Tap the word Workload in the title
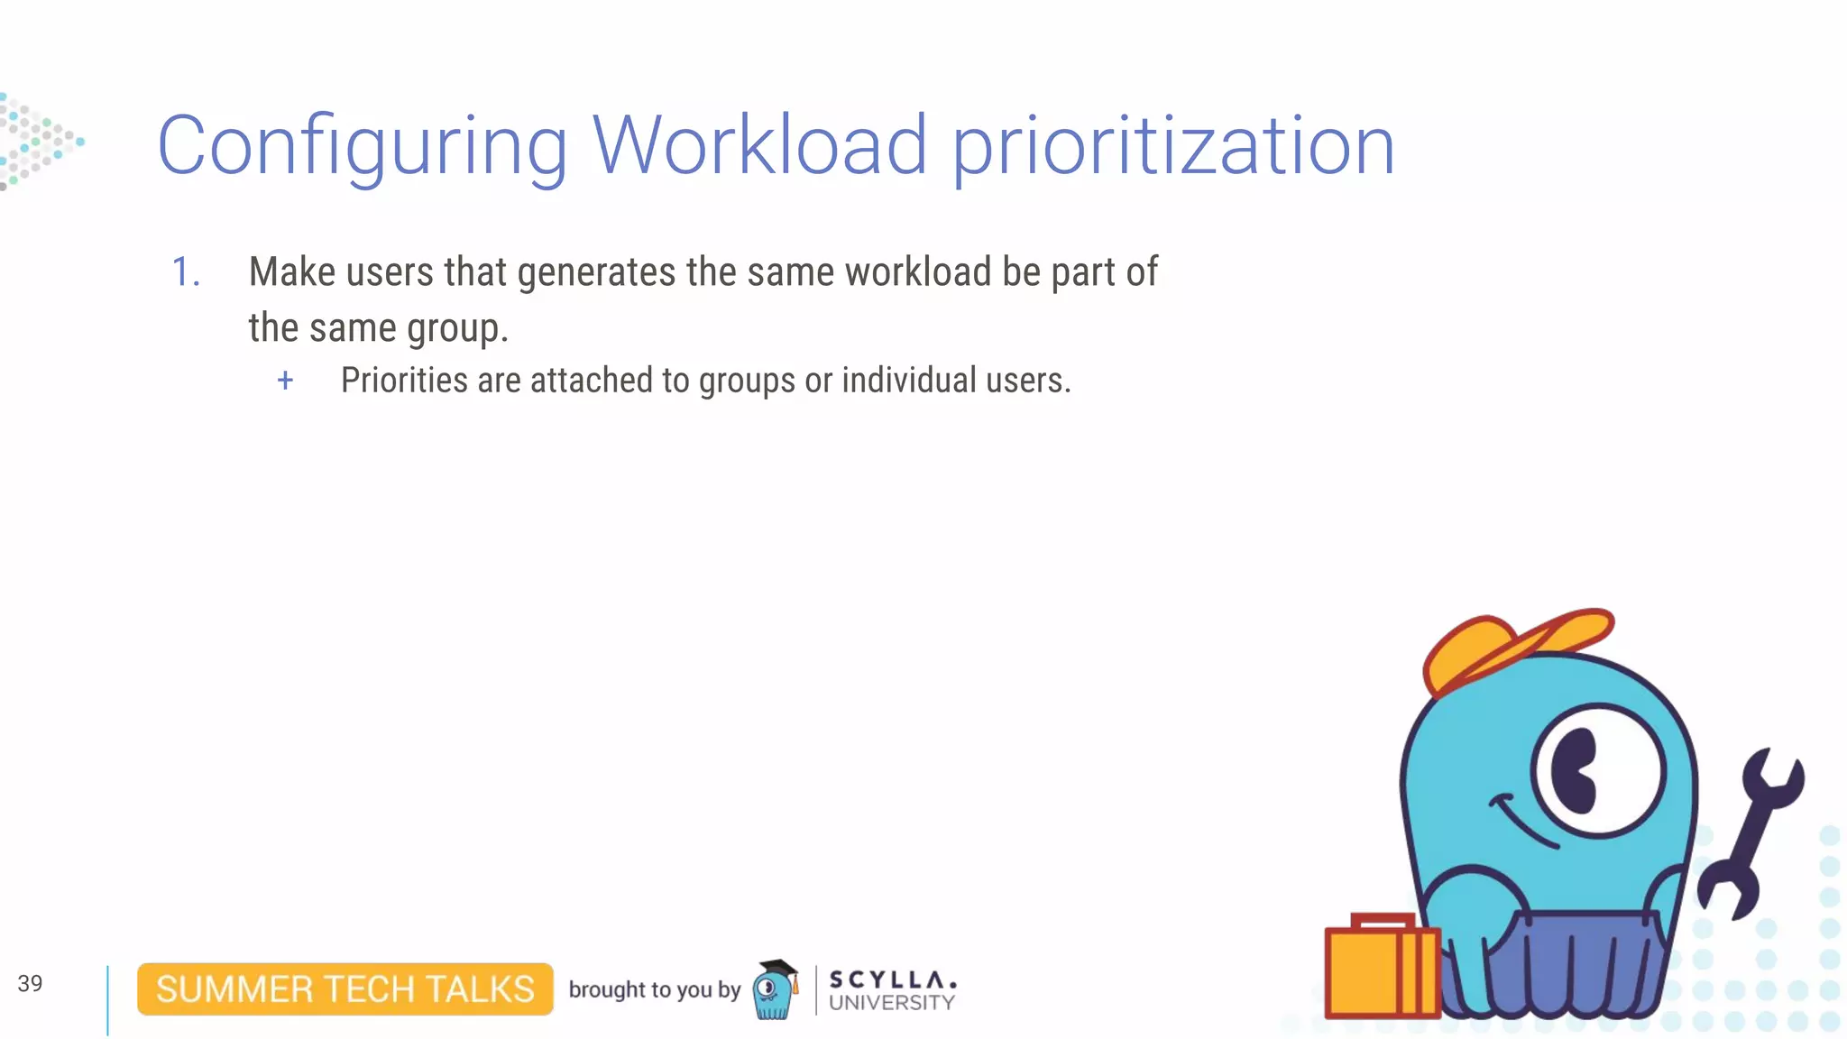759,145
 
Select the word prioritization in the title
1173,147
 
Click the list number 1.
185,272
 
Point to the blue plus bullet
285,381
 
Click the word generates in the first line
596,272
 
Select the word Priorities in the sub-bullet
404,381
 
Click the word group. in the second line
457,328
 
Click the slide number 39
30,983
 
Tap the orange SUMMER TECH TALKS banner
345,989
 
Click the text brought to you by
654,989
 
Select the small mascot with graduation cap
776,989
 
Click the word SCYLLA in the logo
891,979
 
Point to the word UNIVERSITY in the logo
891,1003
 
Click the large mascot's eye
1596,772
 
